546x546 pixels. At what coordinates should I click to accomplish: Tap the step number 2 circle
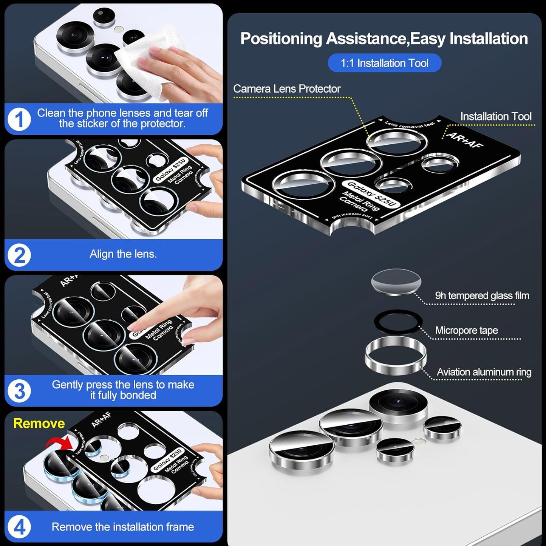pyautogui.click(x=19, y=255)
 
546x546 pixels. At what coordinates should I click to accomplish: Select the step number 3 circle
pyautogui.click(x=19, y=391)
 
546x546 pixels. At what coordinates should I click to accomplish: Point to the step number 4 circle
pyautogui.click(x=19, y=527)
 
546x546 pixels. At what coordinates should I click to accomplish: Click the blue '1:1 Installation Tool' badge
pyautogui.click(x=384, y=63)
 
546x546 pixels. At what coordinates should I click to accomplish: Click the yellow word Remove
pyautogui.click(x=39, y=423)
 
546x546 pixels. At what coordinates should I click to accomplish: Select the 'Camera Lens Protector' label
pyautogui.click(x=286, y=89)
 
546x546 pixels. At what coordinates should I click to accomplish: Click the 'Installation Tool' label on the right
pyautogui.click(x=495, y=116)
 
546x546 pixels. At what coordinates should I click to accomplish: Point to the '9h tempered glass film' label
pyautogui.click(x=482, y=295)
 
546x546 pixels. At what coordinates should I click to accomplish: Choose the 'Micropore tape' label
pyautogui.click(x=466, y=330)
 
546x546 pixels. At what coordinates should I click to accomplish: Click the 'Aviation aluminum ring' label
pyautogui.click(x=484, y=372)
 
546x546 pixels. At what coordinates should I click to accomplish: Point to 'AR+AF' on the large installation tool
pyautogui.click(x=465, y=140)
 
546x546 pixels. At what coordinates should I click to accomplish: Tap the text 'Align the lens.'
pyautogui.click(x=123, y=254)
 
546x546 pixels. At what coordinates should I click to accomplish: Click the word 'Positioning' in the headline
pyautogui.click(x=281, y=39)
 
